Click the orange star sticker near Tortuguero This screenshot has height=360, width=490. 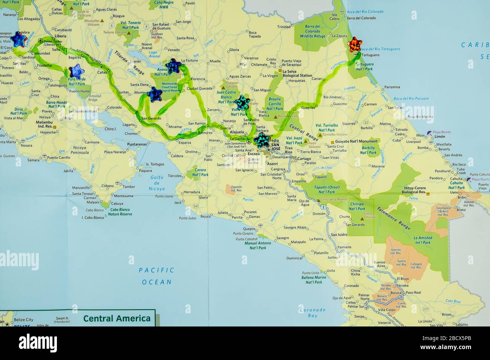(355, 44)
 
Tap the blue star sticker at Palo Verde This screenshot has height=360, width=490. (76, 71)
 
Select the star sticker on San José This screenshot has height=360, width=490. (262, 140)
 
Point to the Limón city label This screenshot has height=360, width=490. (440, 136)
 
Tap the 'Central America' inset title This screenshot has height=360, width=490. (117, 319)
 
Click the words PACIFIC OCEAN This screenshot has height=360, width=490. (157, 276)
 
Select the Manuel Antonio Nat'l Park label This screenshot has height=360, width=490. (258, 246)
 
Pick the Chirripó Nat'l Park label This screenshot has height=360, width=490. (357, 206)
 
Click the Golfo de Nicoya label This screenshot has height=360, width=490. (157, 183)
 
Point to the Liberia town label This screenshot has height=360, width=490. (60, 36)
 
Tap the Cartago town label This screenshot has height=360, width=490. (304, 159)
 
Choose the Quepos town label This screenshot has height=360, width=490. (250, 229)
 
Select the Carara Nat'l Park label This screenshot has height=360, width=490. (200, 172)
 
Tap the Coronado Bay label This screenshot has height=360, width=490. (312, 313)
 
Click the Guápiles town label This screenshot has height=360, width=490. (308, 108)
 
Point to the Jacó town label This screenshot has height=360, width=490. (178, 202)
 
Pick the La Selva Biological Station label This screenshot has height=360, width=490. (297, 73)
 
